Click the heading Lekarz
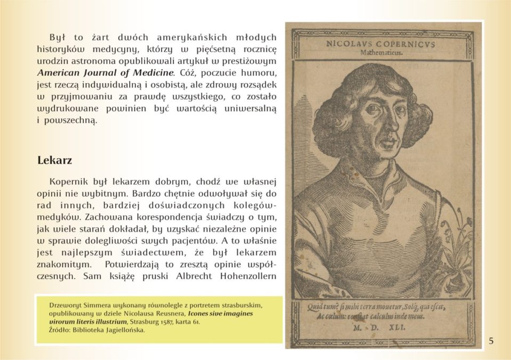(54, 160)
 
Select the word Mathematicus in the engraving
(381, 53)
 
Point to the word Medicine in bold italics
(153, 71)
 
